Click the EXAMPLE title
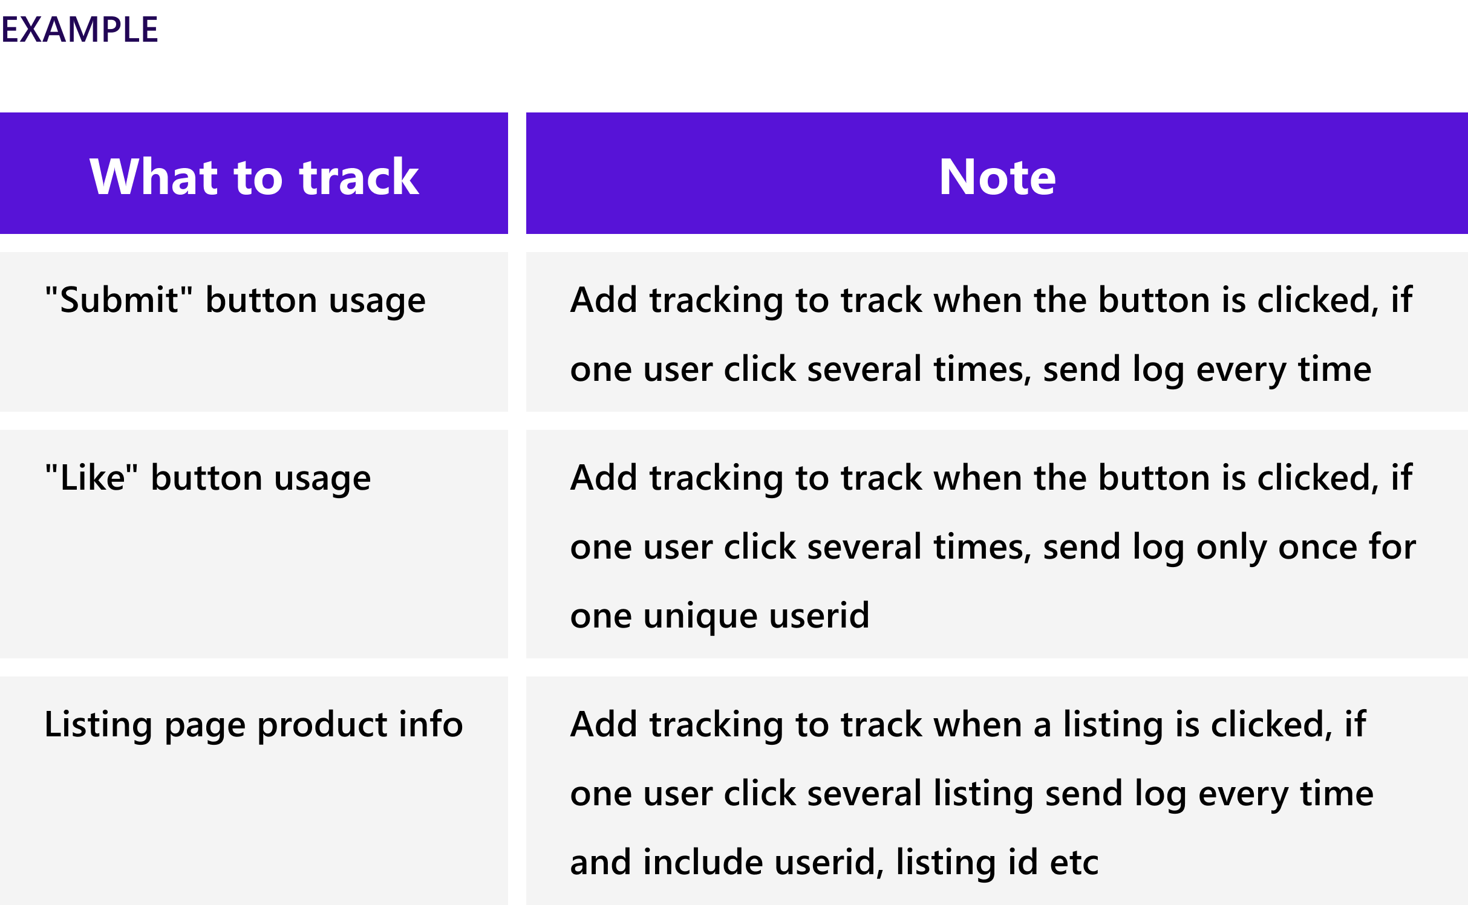[79, 30]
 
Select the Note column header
[997, 177]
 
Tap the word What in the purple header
[153, 177]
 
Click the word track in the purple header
[359, 177]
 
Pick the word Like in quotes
[91, 478]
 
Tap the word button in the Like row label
[206, 478]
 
